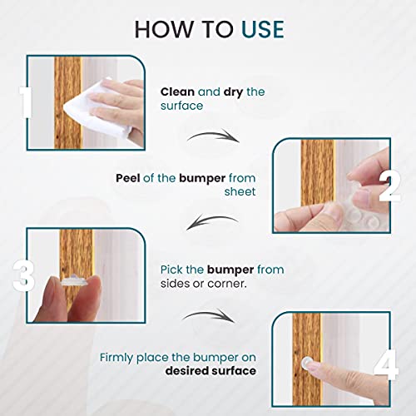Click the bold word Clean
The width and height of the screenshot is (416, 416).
point(176,92)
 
